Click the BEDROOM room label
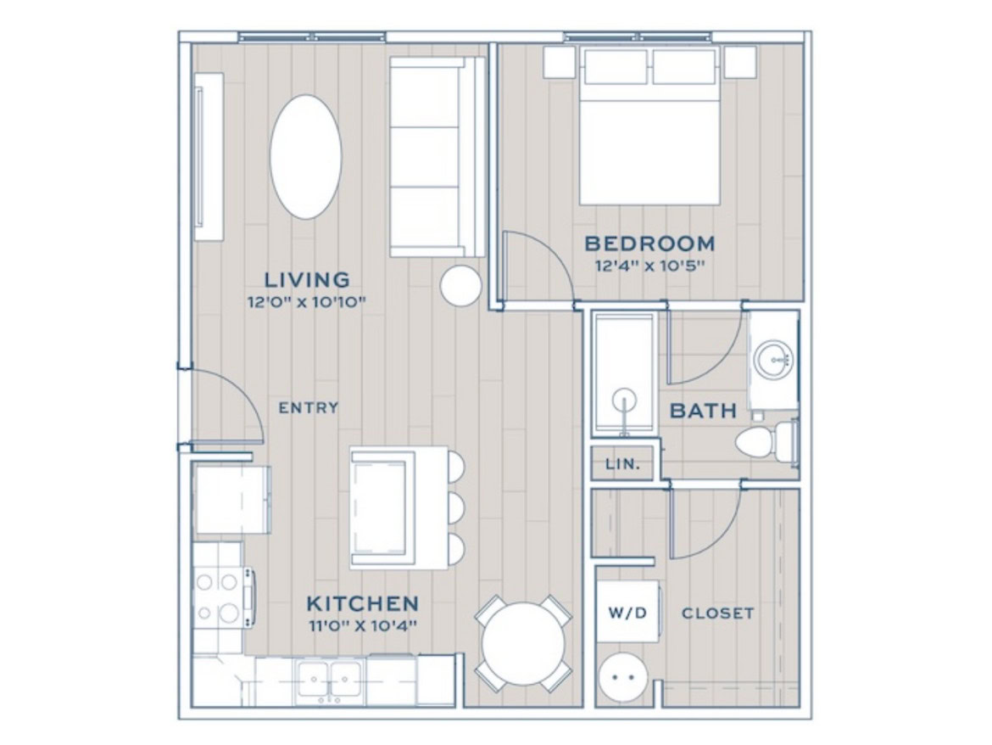[x=649, y=243]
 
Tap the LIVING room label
[x=307, y=279]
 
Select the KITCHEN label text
[x=363, y=603]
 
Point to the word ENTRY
[x=309, y=408]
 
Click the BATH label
[x=703, y=411]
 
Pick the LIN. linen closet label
[x=623, y=464]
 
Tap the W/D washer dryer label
[x=627, y=613]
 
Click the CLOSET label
[x=717, y=613]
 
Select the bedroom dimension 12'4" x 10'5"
[x=649, y=266]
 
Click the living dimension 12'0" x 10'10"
[x=307, y=302]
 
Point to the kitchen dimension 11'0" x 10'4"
[x=363, y=626]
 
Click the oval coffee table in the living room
[x=305, y=157]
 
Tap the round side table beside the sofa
[x=460, y=285]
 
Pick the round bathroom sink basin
[x=773, y=360]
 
